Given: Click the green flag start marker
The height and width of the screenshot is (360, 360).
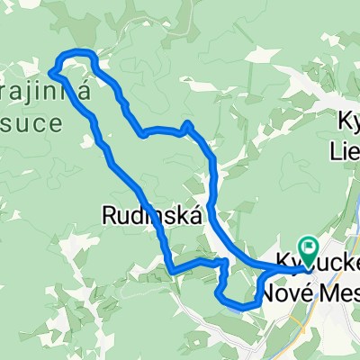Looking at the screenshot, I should pos(309,246).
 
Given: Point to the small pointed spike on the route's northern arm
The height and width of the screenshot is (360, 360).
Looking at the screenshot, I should pos(186,123).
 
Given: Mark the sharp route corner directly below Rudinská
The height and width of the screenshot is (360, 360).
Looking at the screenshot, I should pos(171,270).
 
